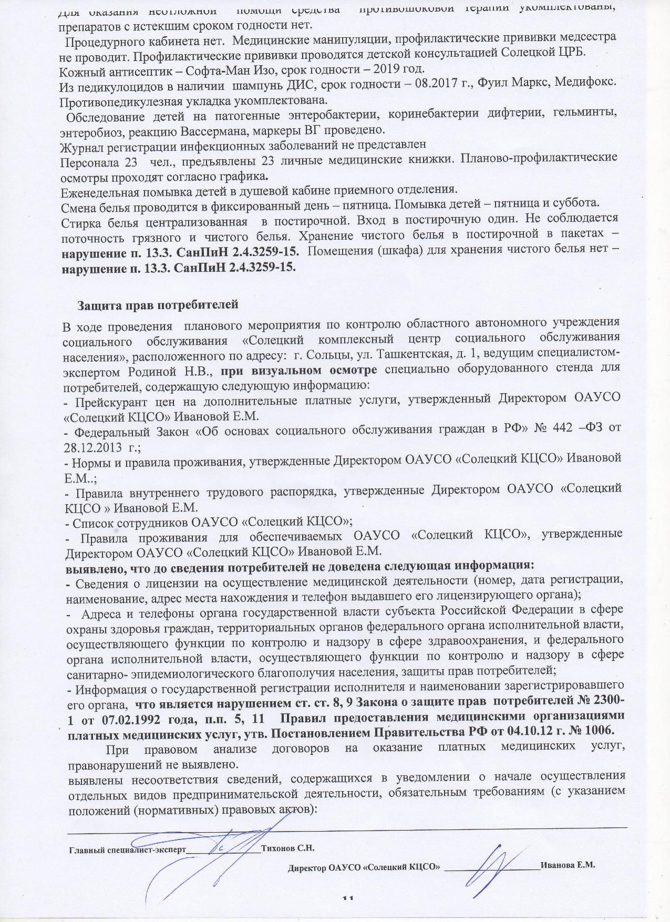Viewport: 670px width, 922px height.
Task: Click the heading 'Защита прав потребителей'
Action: coord(158,305)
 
